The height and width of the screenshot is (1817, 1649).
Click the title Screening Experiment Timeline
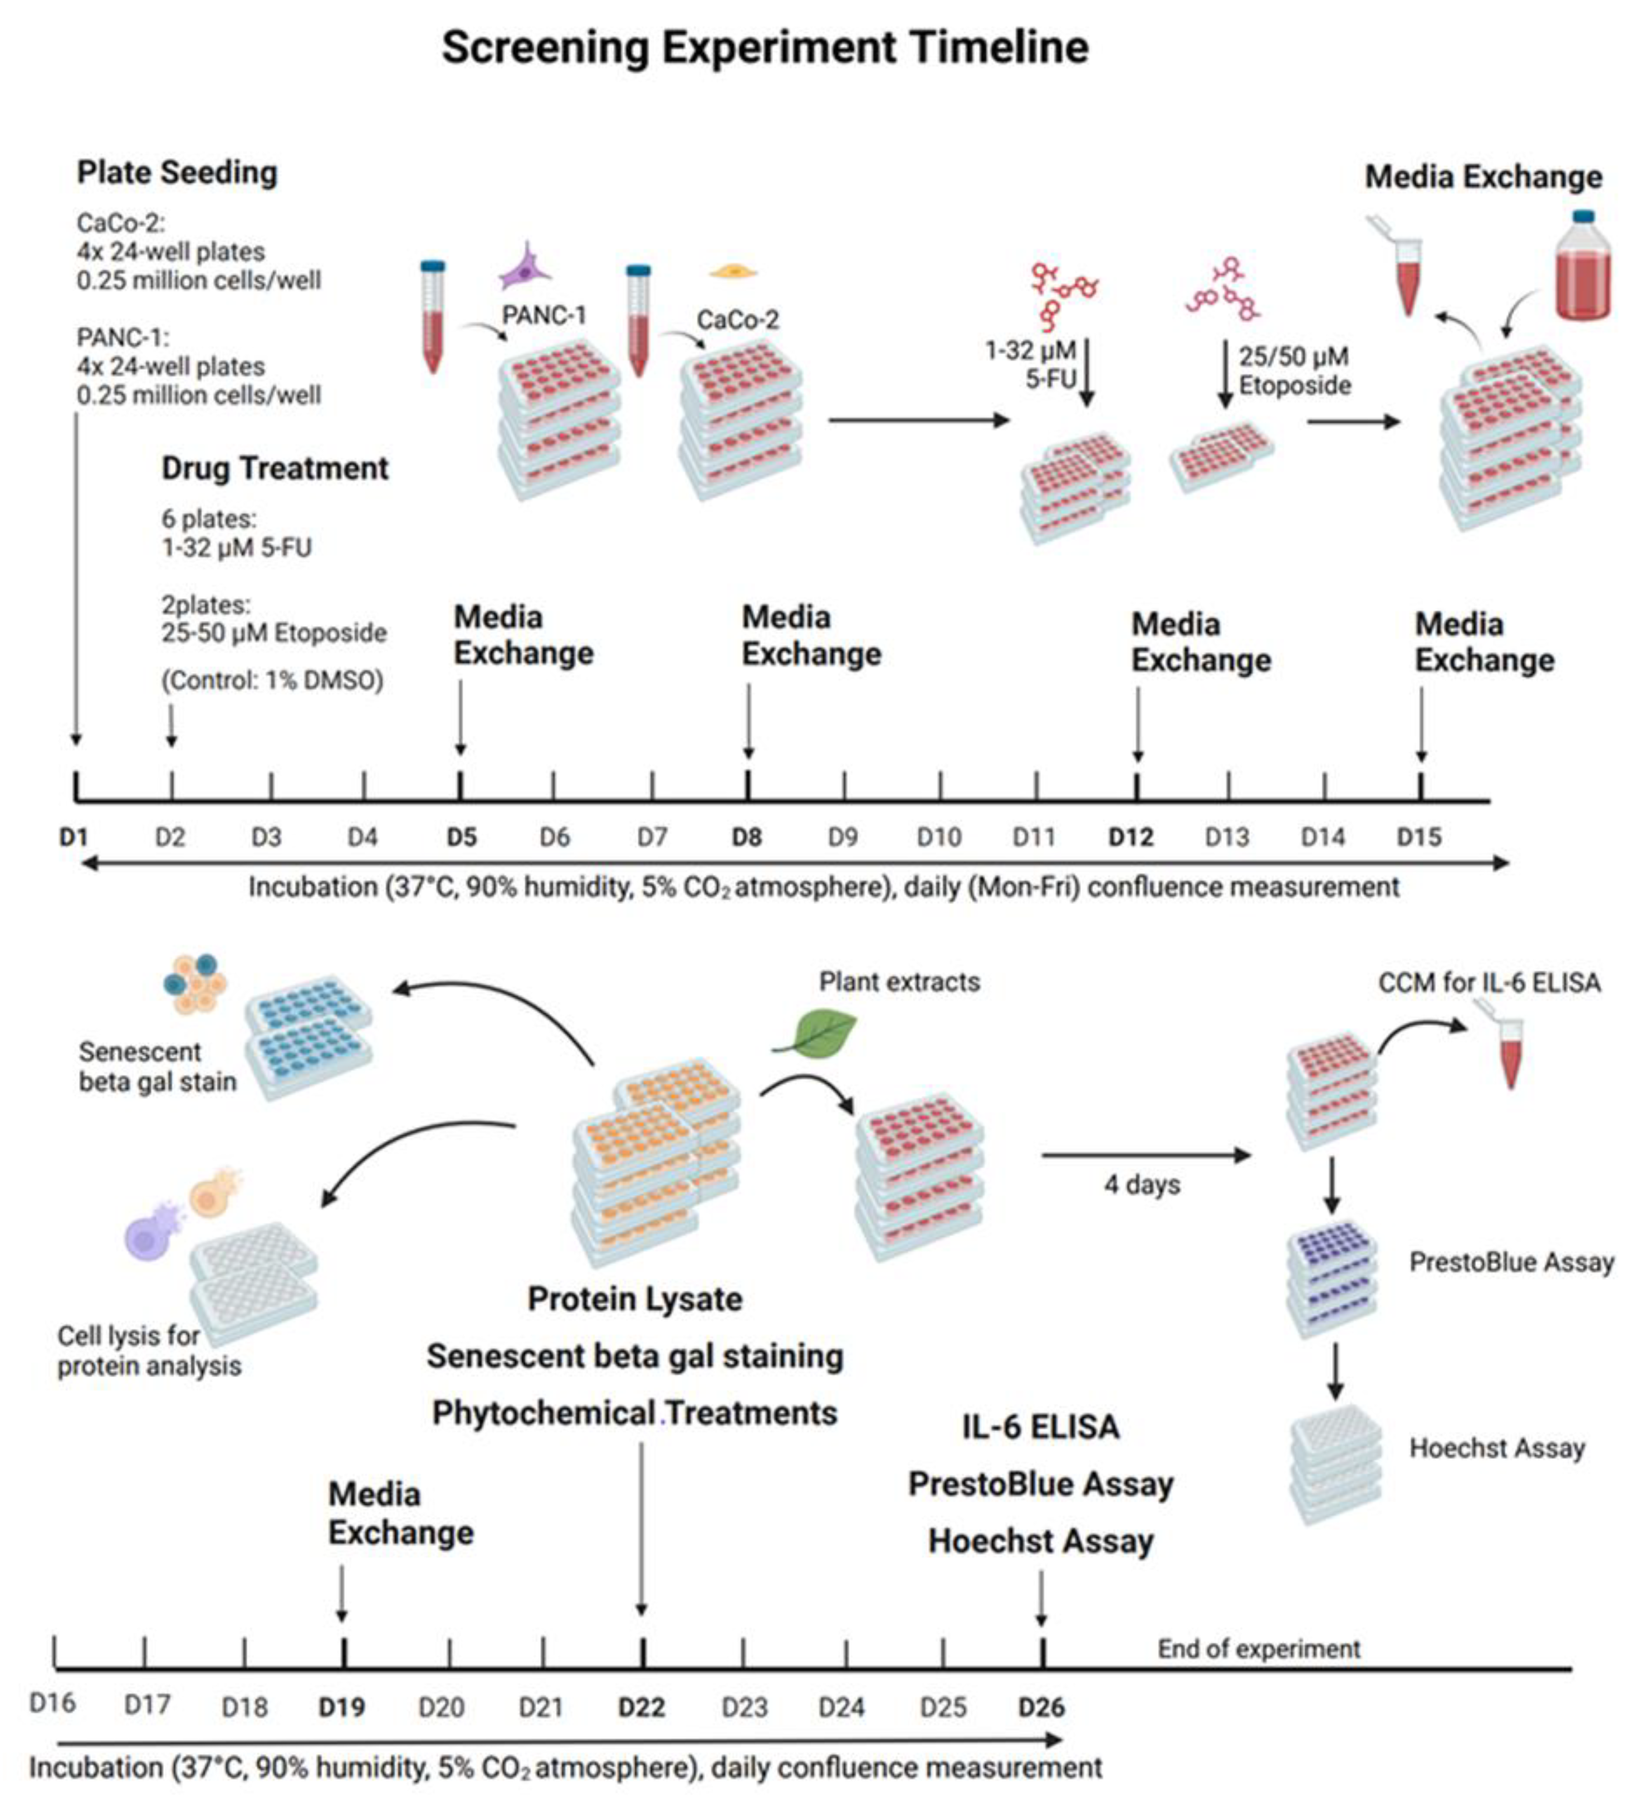coord(765,47)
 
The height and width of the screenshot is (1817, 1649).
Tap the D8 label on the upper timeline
coord(746,838)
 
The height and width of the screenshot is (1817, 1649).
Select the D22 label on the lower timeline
coord(641,1707)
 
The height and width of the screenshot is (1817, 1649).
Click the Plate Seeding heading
coord(177,172)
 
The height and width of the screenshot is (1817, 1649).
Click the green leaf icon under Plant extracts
coord(816,1034)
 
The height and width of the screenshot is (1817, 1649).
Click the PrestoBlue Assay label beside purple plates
coord(1511,1262)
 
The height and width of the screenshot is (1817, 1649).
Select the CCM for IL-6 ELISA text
coord(1489,982)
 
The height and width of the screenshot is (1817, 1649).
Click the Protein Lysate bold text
coord(635,1299)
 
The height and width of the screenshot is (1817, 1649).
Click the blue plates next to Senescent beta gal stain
coord(309,1036)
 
